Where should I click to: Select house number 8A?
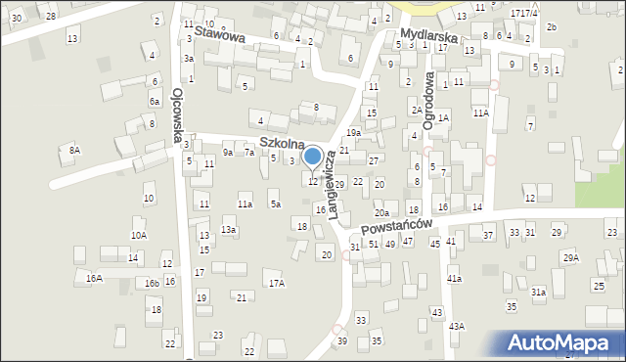click(x=74, y=150)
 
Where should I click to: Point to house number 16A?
click(x=94, y=278)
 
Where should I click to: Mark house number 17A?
click(x=277, y=283)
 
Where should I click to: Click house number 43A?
click(x=456, y=326)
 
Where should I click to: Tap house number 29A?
click(x=570, y=257)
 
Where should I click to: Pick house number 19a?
click(x=353, y=132)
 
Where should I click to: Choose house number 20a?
click(x=381, y=212)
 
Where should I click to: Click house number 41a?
click(x=454, y=279)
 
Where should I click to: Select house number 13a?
click(x=228, y=229)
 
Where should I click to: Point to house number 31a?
click(x=538, y=292)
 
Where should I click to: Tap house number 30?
click(x=17, y=18)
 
